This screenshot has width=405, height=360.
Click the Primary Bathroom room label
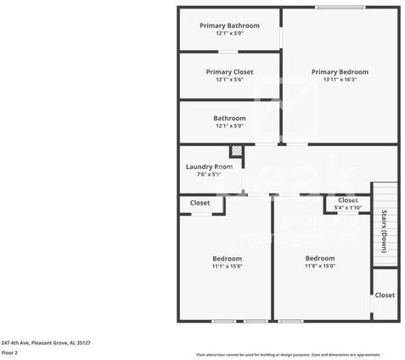coord(229,25)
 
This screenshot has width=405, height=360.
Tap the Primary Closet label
coord(229,72)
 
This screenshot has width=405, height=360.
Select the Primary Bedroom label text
coord(340,72)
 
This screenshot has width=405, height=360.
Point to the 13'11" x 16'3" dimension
coord(340,80)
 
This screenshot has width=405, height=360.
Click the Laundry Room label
coord(209,166)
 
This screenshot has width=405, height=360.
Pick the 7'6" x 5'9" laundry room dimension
coord(209,174)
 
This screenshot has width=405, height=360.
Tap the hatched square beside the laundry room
coord(237,153)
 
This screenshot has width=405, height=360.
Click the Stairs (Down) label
coord(384,230)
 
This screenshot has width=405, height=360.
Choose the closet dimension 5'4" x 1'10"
coord(348,207)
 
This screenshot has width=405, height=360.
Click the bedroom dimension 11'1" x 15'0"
coord(227,266)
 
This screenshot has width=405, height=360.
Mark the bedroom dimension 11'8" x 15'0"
coord(320,266)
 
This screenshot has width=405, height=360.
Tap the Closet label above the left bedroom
coord(200,203)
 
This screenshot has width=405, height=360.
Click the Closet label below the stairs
coord(385,295)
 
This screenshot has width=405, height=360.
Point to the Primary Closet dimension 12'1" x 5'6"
coord(229,80)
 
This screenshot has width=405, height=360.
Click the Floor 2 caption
coord(10,352)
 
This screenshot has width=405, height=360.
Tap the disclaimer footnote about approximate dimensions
coord(289,354)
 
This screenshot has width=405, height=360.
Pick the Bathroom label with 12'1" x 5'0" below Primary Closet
coord(229,118)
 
